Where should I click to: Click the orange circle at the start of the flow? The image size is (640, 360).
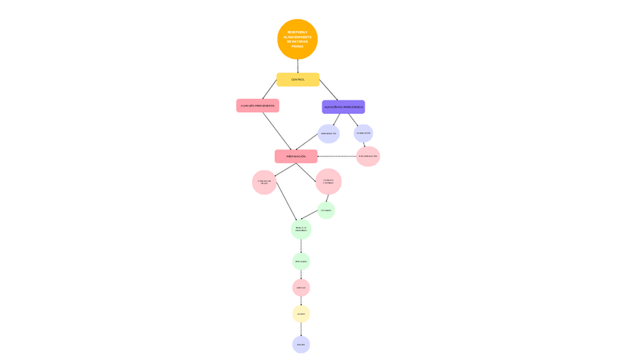pos(297,39)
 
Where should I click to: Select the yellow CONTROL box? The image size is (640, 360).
pos(297,79)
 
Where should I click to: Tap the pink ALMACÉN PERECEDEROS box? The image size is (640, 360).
pos(257,106)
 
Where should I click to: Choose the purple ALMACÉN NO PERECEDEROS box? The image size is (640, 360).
pos(343,107)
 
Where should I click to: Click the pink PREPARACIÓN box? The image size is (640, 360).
pos(296,156)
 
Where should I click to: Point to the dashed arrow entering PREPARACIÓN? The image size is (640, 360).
pos(337,156)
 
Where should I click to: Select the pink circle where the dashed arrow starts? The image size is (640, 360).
pos(368,156)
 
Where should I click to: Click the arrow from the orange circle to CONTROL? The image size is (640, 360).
pos(297,66)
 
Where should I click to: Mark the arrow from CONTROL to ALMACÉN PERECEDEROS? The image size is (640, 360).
pos(269,89)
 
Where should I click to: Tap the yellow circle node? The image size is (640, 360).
pos(301,314)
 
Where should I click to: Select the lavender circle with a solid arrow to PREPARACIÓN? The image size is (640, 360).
pos(328,134)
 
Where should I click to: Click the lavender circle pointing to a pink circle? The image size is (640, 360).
pos(363,133)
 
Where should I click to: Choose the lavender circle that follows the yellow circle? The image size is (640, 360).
pos(301,344)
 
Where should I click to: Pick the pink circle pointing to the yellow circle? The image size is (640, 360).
pos(301,288)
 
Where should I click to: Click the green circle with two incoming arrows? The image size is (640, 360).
pos(301,229)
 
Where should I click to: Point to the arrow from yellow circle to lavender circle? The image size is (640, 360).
pos(301,329)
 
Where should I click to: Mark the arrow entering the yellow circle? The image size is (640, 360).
pos(301,300)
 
